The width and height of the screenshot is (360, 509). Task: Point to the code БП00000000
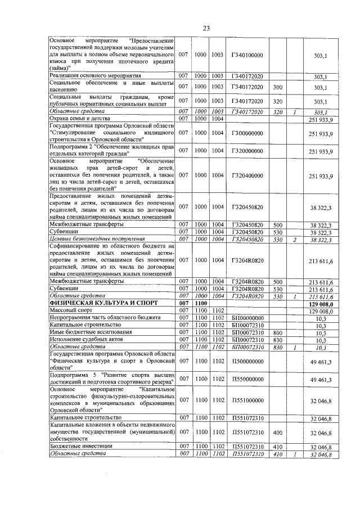[247, 318]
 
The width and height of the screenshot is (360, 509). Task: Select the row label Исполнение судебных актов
[84, 340]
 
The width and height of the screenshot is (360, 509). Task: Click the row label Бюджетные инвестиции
[79, 446]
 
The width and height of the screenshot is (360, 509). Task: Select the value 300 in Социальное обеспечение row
[277, 87]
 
